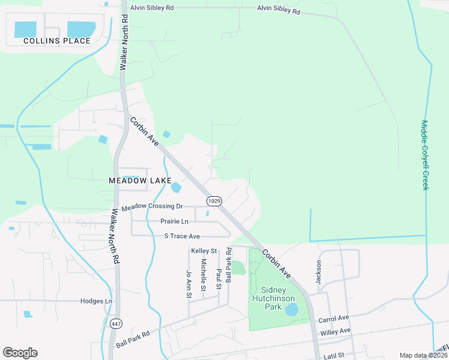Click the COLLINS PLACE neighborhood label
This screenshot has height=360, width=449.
pyautogui.click(x=57, y=41)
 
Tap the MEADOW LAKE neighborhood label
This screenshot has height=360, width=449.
pyautogui.click(x=140, y=180)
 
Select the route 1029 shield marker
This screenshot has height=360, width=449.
pyautogui.click(x=214, y=200)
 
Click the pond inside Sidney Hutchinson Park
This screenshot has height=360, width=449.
pyautogui.click(x=291, y=310)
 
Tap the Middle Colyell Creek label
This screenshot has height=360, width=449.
pyautogui.click(x=425, y=155)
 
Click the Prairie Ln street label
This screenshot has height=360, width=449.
pyautogui.click(x=174, y=221)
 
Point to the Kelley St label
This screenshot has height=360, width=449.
pyautogui.click(x=203, y=250)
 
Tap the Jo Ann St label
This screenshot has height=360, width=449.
pyautogui.click(x=188, y=284)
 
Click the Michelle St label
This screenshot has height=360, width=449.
pyautogui.click(x=204, y=275)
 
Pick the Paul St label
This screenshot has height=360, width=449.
pyautogui.click(x=218, y=275)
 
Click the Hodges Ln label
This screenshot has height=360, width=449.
pyautogui.click(x=96, y=301)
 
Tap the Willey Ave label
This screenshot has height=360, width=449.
pyautogui.click(x=336, y=331)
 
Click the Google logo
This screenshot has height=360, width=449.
pyautogui.click(x=20, y=353)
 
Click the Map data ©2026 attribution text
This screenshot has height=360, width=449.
pyautogui.click(x=421, y=355)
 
